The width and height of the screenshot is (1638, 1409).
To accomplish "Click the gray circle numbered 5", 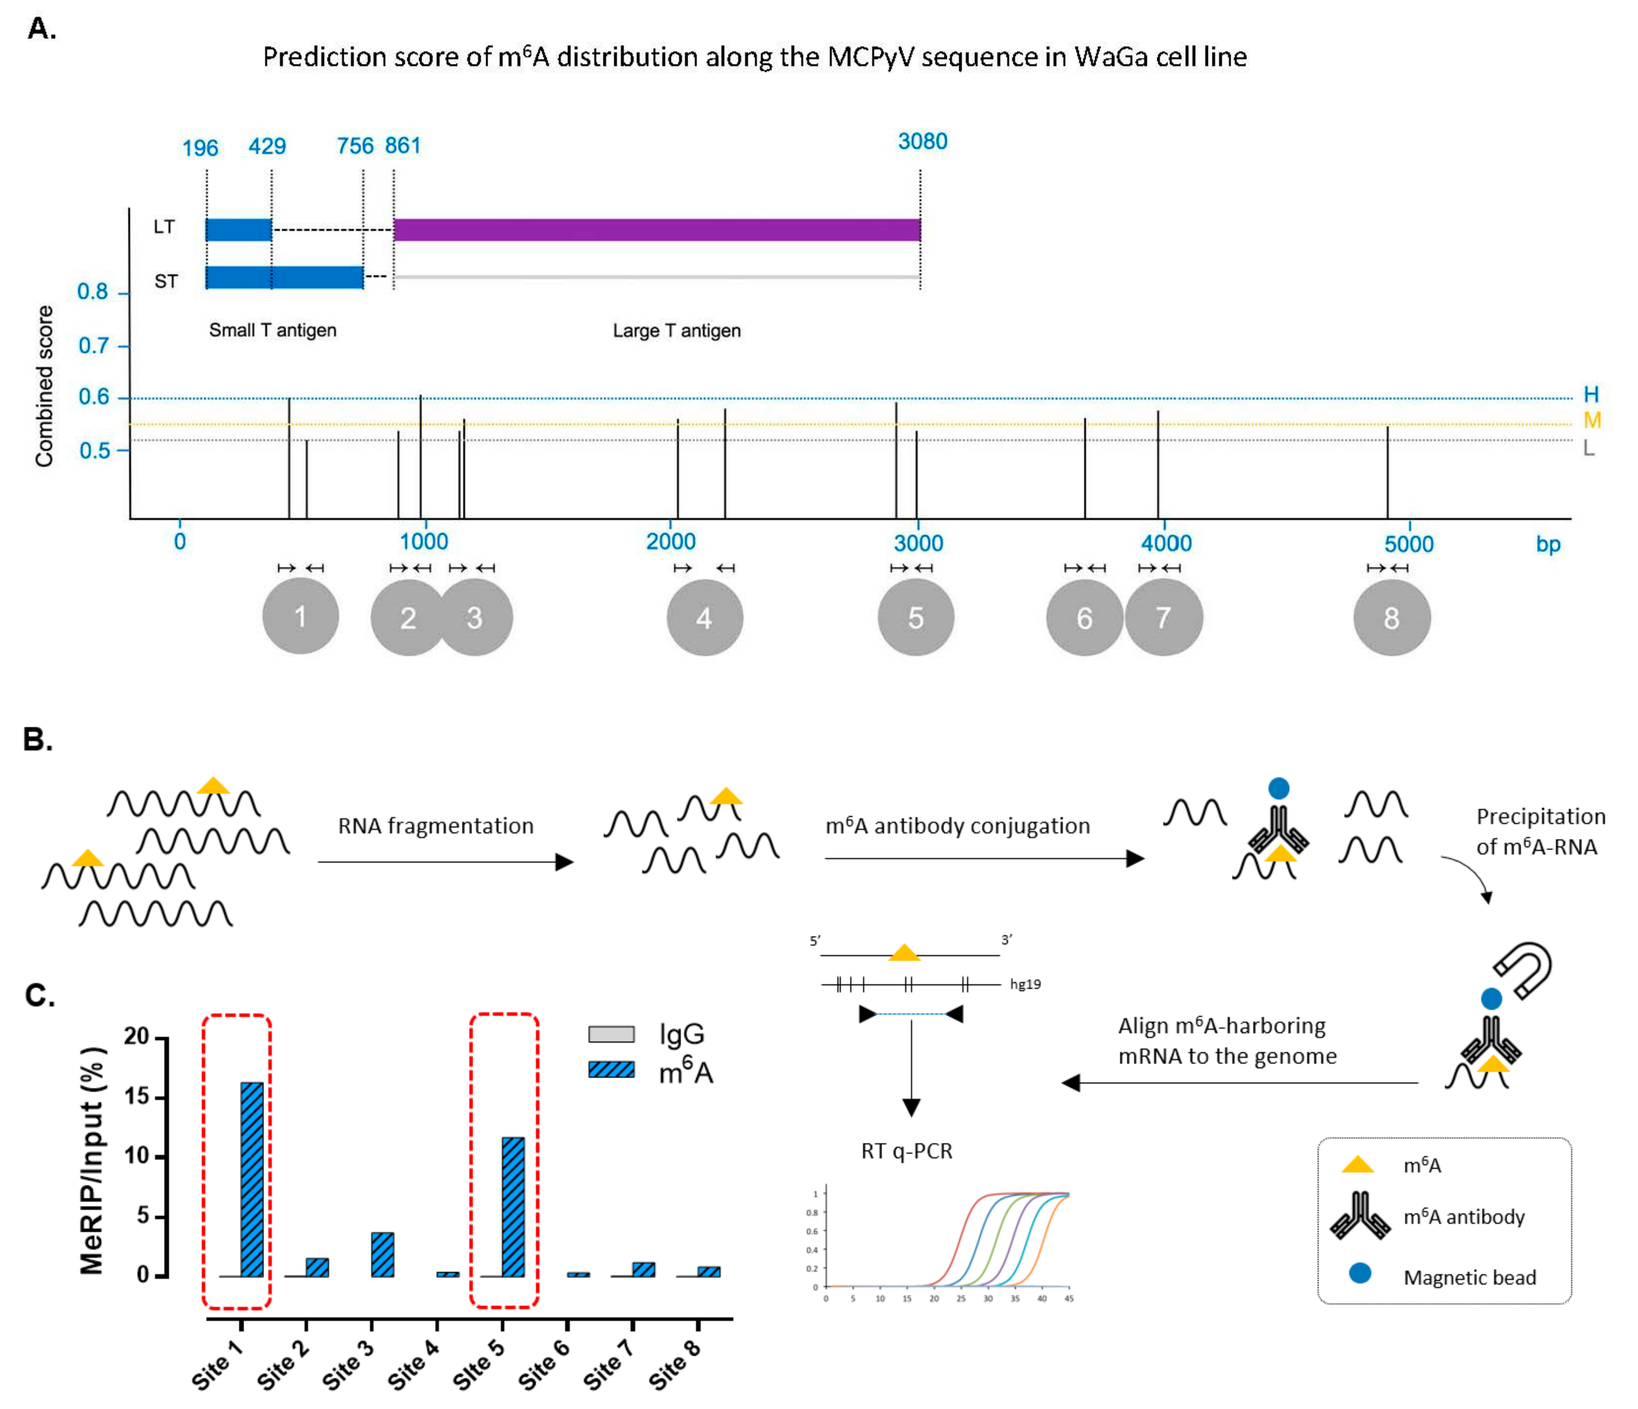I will point(916,618).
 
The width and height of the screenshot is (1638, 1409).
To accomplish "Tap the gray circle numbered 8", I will point(1392,618).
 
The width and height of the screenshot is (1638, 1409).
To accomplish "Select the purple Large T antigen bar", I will point(656,230).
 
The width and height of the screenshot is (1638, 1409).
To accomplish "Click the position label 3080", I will point(922,141).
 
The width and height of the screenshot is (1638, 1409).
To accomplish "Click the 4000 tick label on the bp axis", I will point(1166,543).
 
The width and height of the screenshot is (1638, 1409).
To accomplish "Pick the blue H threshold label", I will point(1591,394).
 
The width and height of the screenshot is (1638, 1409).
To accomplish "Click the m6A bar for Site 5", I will point(513,1207).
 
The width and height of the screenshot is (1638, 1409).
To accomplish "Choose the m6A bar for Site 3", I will point(383,1254).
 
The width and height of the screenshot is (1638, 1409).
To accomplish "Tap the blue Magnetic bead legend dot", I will point(1360,1273).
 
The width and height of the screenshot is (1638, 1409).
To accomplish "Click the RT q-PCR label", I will point(907,1151).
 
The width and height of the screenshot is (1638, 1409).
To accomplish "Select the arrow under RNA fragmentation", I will point(445,862).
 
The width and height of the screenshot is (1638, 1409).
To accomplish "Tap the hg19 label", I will point(1025,985).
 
